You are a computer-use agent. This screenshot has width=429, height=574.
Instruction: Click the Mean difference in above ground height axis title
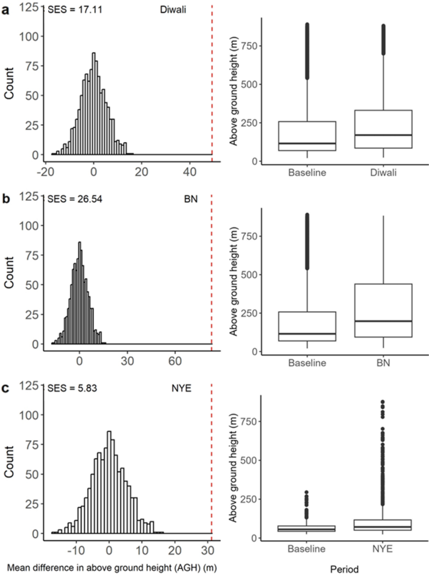tap(110, 566)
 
